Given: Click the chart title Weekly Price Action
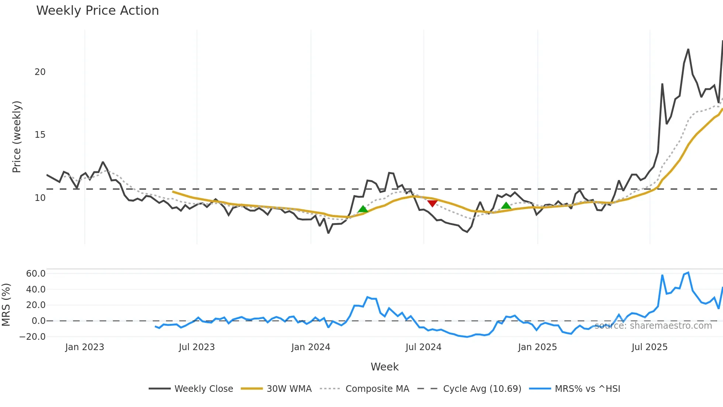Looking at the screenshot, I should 97,11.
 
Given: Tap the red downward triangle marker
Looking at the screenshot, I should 432,203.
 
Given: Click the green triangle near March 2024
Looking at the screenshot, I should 363,209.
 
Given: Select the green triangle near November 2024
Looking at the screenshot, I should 506,206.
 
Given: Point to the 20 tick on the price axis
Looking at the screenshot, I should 40,72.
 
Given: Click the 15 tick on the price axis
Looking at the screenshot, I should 40,135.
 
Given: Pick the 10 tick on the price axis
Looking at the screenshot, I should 40,198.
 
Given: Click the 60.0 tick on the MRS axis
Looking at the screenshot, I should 35,274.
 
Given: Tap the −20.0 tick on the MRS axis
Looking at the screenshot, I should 32,337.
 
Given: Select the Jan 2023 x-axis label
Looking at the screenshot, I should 84,347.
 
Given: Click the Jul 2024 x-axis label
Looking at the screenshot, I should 423,347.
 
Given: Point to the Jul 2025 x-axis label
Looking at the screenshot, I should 649,347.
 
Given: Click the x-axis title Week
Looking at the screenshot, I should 384,367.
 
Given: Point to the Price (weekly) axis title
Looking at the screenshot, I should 17,137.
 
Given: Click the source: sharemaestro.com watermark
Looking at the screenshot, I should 653,326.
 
